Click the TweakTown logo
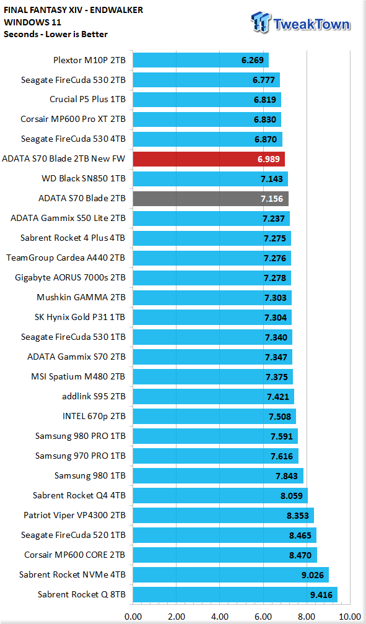coord(301,22)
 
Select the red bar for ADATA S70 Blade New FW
coord(209,158)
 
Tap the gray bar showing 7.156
coord(211,199)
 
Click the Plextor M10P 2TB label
coord(89,60)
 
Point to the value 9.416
coord(321,595)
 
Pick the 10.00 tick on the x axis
coord(350,617)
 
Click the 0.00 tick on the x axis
coord(133,617)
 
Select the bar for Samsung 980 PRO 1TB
coord(216,436)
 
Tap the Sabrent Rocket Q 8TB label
coord(82,594)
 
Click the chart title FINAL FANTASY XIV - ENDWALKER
coord(73,10)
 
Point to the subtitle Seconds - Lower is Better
coord(56,34)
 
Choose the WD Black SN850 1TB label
coord(84,178)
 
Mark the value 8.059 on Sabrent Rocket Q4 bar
coord(292,496)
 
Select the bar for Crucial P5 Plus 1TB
coord(207,100)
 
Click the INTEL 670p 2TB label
coord(94,416)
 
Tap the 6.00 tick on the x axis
coord(263,617)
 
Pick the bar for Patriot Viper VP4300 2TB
coord(224,515)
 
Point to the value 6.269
coord(253,60)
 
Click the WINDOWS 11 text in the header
coord(32,22)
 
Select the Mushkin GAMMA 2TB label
coord(81,297)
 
